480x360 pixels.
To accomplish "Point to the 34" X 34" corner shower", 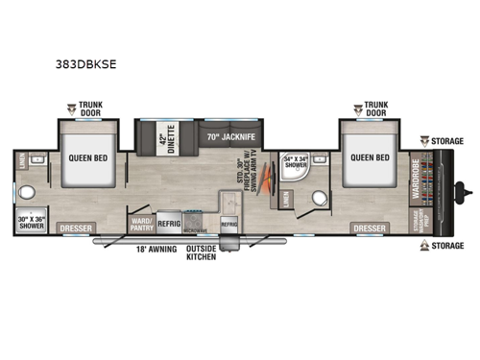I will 294,163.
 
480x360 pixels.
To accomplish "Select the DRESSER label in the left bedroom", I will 77,228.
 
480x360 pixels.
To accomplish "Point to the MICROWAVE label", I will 195,230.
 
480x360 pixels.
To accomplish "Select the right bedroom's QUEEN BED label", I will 370,157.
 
